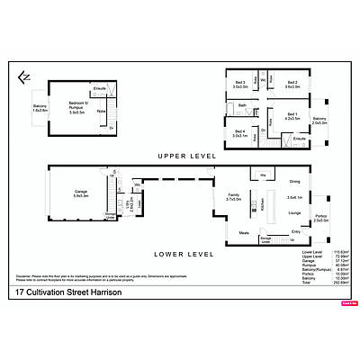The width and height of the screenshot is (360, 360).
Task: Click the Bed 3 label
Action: [238, 84]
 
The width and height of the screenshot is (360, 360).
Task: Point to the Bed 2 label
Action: [292, 84]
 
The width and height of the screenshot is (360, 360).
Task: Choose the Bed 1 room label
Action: [292, 115]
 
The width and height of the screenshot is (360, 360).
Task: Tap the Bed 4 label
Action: [238, 133]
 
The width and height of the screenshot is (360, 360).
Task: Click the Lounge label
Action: [293, 212]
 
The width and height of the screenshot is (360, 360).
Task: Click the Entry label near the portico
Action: [296, 231]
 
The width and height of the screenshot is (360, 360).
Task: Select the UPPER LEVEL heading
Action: [188, 156]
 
